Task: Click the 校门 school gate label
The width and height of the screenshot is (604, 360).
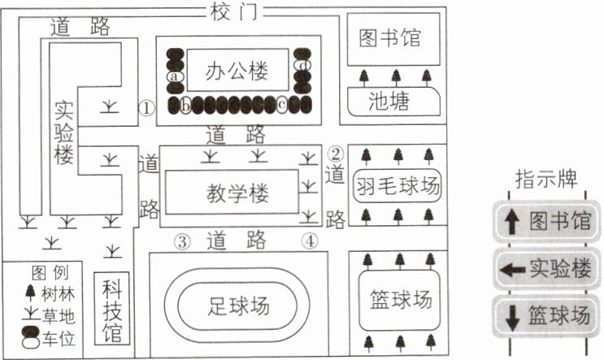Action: coord(233,12)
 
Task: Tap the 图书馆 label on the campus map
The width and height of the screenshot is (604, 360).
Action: coord(390,37)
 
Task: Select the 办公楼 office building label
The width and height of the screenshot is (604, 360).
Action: coord(237,72)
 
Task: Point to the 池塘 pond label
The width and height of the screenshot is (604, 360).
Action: coord(389,102)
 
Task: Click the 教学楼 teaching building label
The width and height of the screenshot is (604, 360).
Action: coord(237,193)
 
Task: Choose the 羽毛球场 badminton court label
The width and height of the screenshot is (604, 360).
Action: coord(398,186)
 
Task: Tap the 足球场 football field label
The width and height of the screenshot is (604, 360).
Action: coord(238,306)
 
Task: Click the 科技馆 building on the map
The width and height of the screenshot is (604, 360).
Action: coord(112,308)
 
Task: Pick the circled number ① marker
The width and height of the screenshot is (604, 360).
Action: coord(146,108)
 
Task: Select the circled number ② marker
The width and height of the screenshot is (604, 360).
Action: coord(336,154)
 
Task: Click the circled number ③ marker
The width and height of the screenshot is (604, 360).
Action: coord(182,242)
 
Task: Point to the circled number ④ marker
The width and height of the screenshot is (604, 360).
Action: coord(310,241)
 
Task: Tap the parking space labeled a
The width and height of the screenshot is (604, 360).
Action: coord(175,76)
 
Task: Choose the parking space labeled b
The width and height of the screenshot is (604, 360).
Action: coord(185,105)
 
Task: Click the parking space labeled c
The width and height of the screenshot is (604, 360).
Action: coord(282,105)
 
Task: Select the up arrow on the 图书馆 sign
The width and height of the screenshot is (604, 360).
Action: coord(512,223)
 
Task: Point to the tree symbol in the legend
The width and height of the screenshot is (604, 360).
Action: coord(30,293)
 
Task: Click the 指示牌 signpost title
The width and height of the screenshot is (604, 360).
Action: coord(546,179)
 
